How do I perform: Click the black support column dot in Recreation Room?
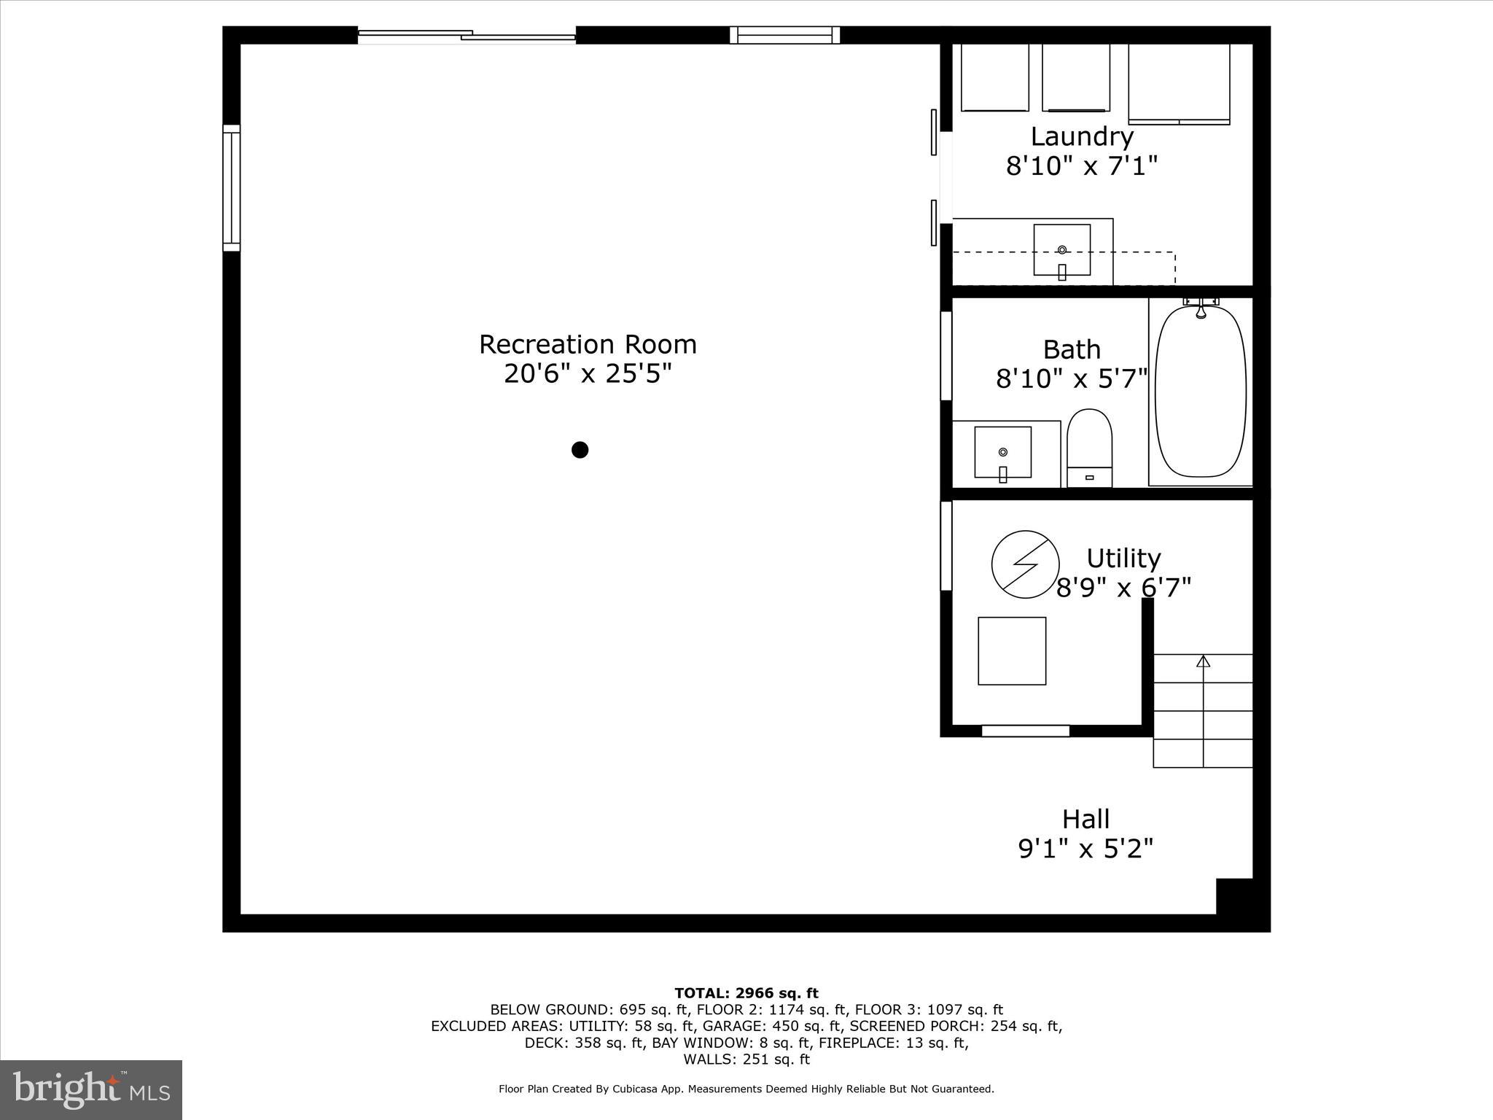(x=580, y=450)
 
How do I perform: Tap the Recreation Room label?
(x=588, y=344)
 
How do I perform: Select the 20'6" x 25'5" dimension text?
(x=588, y=374)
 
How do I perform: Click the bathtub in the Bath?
(x=1201, y=392)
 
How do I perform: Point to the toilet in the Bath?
(x=1089, y=447)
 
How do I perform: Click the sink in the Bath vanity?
(x=1003, y=452)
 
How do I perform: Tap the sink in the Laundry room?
(x=1062, y=250)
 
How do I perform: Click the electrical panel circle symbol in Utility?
(x=1025, y=564)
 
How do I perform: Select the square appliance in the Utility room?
(x=1012, y=651)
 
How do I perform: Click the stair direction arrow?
(x=1203, y=661)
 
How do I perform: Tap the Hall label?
(x=1085, y=819)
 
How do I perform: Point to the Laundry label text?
(x=1082, y=136)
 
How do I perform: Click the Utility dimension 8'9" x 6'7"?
(x=1123, y=587)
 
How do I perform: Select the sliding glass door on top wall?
(x=467, y=35)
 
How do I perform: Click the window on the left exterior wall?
(x=231, y=188)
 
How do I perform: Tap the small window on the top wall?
(x=785, y=35)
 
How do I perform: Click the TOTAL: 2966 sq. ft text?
(x=746, y=993)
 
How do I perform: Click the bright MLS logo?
(x=91, y=1089)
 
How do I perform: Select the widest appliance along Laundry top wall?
(x=1179, y=83)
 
